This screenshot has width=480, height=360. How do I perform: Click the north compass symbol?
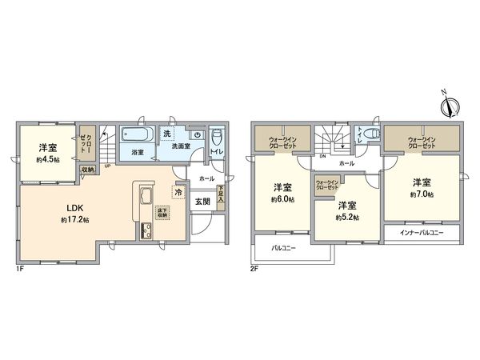pos(448,104)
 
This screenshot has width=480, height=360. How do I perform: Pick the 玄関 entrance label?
pos(203,201)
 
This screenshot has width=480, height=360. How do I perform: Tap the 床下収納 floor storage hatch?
pos(162,211)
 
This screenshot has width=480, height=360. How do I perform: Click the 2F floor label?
pos(255,270)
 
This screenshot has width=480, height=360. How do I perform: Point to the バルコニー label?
pos(283,248)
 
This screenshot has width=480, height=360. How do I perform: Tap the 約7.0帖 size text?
pos(423,194)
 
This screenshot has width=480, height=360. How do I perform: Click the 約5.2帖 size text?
pos(348,217)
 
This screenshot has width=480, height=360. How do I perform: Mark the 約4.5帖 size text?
pos(46,158)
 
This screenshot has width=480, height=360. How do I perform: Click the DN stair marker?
pos(322,157)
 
